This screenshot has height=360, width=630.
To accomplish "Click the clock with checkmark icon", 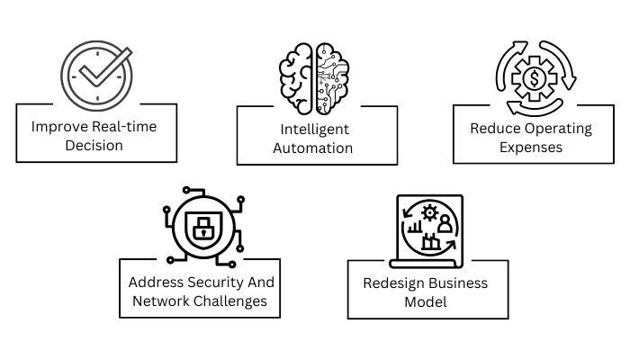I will tap(95, 73).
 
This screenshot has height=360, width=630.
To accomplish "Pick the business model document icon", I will tap(429, 229).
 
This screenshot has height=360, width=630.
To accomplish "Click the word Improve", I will tap(60, 127).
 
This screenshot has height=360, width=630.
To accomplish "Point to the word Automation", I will tap(317, 148).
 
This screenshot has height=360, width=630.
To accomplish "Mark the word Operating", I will tap(561, 128).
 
